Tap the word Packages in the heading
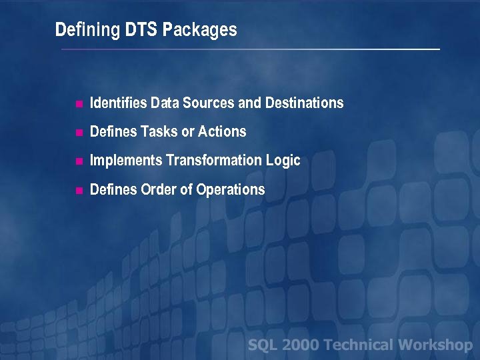(x=200, y=31)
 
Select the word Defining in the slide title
(x=87, y=31)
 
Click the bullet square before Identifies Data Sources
(x=78, y=104)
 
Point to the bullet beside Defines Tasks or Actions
(x=78, y=133)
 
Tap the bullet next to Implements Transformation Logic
(x=78, y=161)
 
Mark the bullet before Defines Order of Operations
(x=78, y=191)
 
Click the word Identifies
(x=119, y=103)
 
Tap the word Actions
(x=222, y=132)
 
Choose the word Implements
(x=126, y=161)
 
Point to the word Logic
(x=285, y=161)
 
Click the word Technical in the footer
(x=360, y=345)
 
